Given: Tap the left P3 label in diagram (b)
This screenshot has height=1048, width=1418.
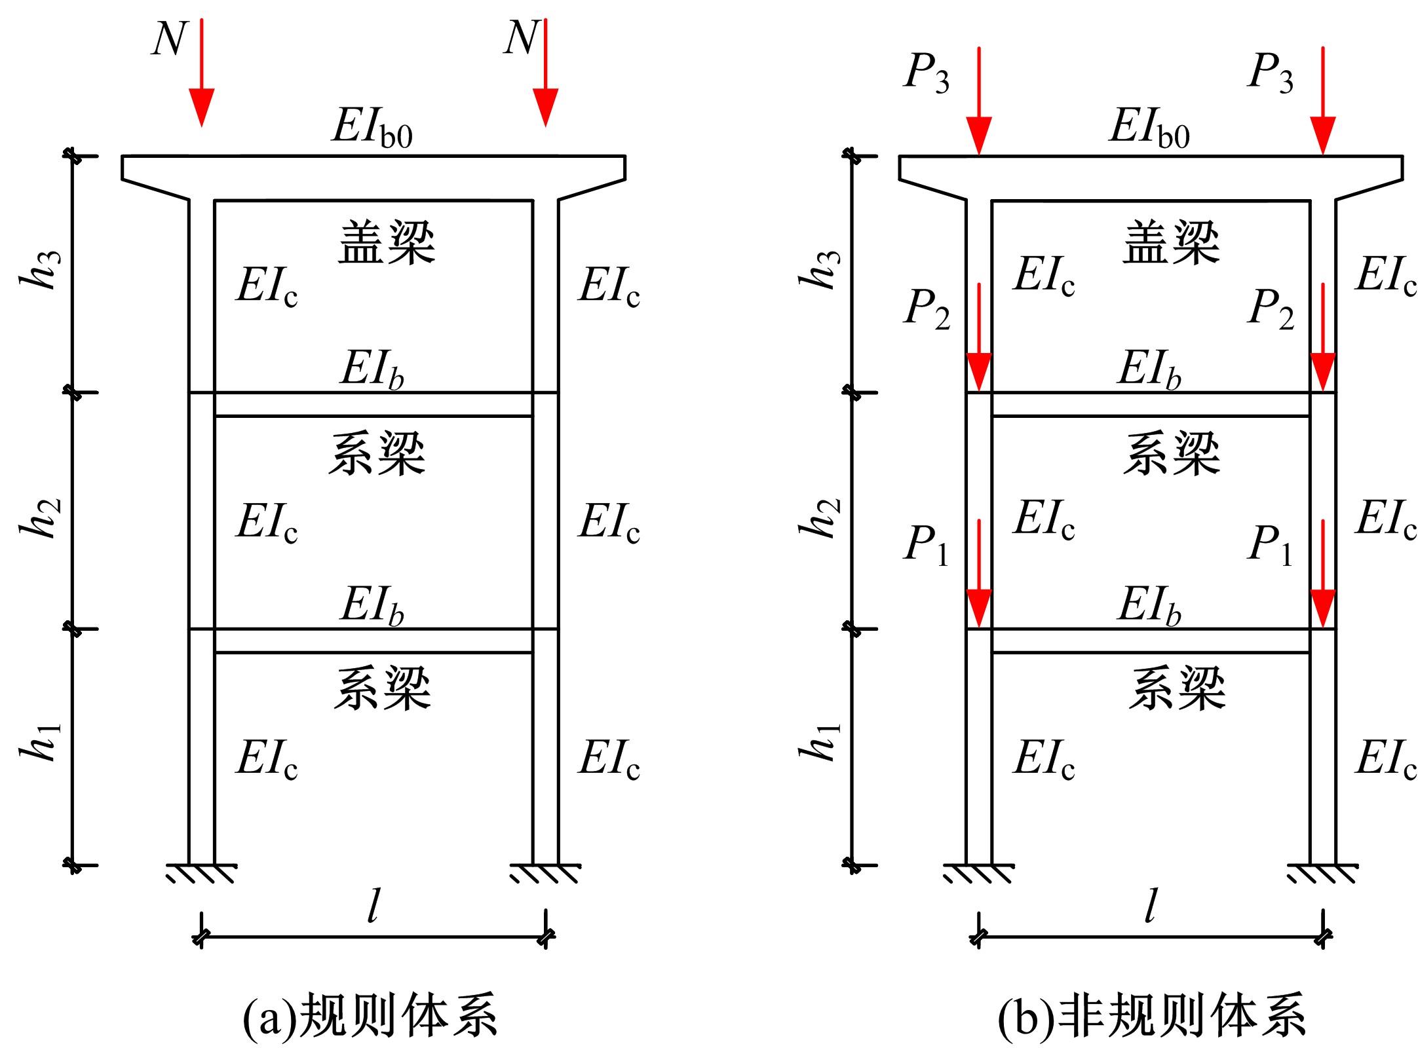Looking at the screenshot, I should pos(926,72).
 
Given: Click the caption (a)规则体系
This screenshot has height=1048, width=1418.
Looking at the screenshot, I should pos(370,1017).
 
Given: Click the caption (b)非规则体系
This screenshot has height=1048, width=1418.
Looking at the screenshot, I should pos(1151,1017).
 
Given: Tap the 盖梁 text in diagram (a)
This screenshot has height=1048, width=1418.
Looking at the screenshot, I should pos(387,242).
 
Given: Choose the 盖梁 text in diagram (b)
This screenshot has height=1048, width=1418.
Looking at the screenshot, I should pos(1171,242).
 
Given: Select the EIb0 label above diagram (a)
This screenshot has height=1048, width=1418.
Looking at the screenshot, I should pos(372,128).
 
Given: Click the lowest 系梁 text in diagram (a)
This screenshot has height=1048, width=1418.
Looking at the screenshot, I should pos(383,688).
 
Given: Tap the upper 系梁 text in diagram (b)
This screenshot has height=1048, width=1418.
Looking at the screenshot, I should pos(1171,453).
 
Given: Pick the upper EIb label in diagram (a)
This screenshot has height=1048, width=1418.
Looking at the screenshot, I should pos(372,370).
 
